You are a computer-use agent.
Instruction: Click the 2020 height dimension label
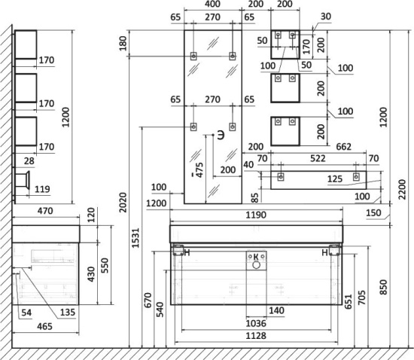[123, 203]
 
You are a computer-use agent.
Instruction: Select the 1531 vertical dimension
[135, 238]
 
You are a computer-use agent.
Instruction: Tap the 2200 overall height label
[402, 189]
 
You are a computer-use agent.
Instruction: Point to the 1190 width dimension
[256, 215]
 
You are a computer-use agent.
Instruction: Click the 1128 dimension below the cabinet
[256, 336]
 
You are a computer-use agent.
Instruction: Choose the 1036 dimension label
[256, 323]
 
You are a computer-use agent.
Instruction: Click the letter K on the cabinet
[256, 257]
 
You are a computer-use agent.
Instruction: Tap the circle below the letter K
[256, 265]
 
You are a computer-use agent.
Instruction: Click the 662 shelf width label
[344, 147]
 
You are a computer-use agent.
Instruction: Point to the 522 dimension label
[318, 158]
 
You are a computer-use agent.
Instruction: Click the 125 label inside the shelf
[335, 179]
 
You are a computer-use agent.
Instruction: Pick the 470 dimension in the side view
[45, 211]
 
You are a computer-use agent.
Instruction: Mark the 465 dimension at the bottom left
[44, 326]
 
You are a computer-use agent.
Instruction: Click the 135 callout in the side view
[68, 313]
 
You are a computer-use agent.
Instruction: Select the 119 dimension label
[42, 189]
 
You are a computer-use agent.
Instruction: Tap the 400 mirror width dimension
[212, 4]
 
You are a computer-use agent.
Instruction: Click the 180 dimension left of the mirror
[123, 43]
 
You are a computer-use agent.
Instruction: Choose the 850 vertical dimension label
[383, 287]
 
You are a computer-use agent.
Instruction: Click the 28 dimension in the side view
[29, 161]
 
